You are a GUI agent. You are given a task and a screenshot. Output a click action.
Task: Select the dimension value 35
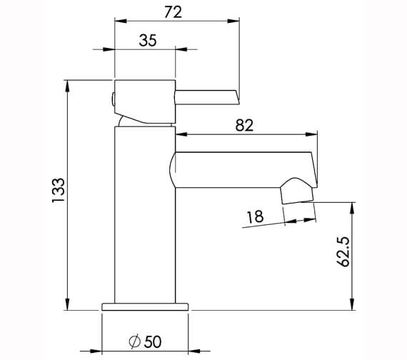(147, 40)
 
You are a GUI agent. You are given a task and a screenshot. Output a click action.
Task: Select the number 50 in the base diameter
(151, 341)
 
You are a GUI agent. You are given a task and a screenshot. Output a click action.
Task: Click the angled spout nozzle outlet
(298, 194)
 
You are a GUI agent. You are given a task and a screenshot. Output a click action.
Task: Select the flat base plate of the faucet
(145, 306)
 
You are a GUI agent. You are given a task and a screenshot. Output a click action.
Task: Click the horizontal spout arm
(243, 167)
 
